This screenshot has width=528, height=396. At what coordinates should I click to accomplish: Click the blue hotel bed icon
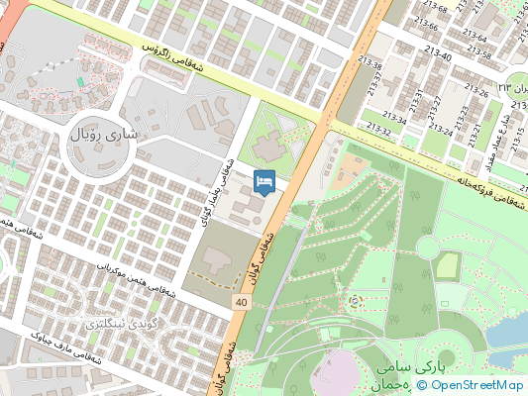pyautogui.click(x=264, y=182)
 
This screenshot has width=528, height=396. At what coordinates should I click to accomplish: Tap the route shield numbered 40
pyautogui.click(x=242, y=300)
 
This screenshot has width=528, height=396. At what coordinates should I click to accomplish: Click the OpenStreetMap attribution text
pyautogui.click(x=475, y=385)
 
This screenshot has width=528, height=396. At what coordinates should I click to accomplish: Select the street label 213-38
pyautogui.click(x=373, y=67)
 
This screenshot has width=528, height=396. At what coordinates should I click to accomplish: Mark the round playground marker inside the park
pyautogui.click(x=355, y=299)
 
